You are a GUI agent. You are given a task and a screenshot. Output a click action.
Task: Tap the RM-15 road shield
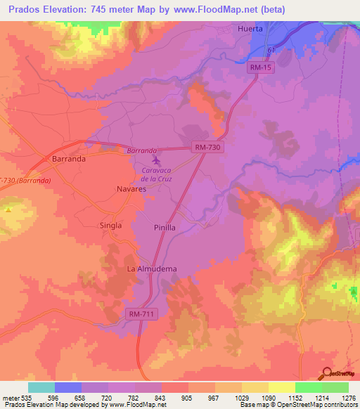(259, 67)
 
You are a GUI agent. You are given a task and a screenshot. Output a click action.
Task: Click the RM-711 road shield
(143, 313)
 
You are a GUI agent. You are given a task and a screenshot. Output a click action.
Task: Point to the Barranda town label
(69, 160)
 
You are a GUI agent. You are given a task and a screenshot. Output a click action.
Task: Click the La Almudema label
(151, 269)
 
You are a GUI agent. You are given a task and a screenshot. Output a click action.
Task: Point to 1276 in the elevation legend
(349, 398)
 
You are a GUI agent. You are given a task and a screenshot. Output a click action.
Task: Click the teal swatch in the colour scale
(41, 387)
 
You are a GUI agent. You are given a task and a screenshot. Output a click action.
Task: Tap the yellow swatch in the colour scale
(282, 387)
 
